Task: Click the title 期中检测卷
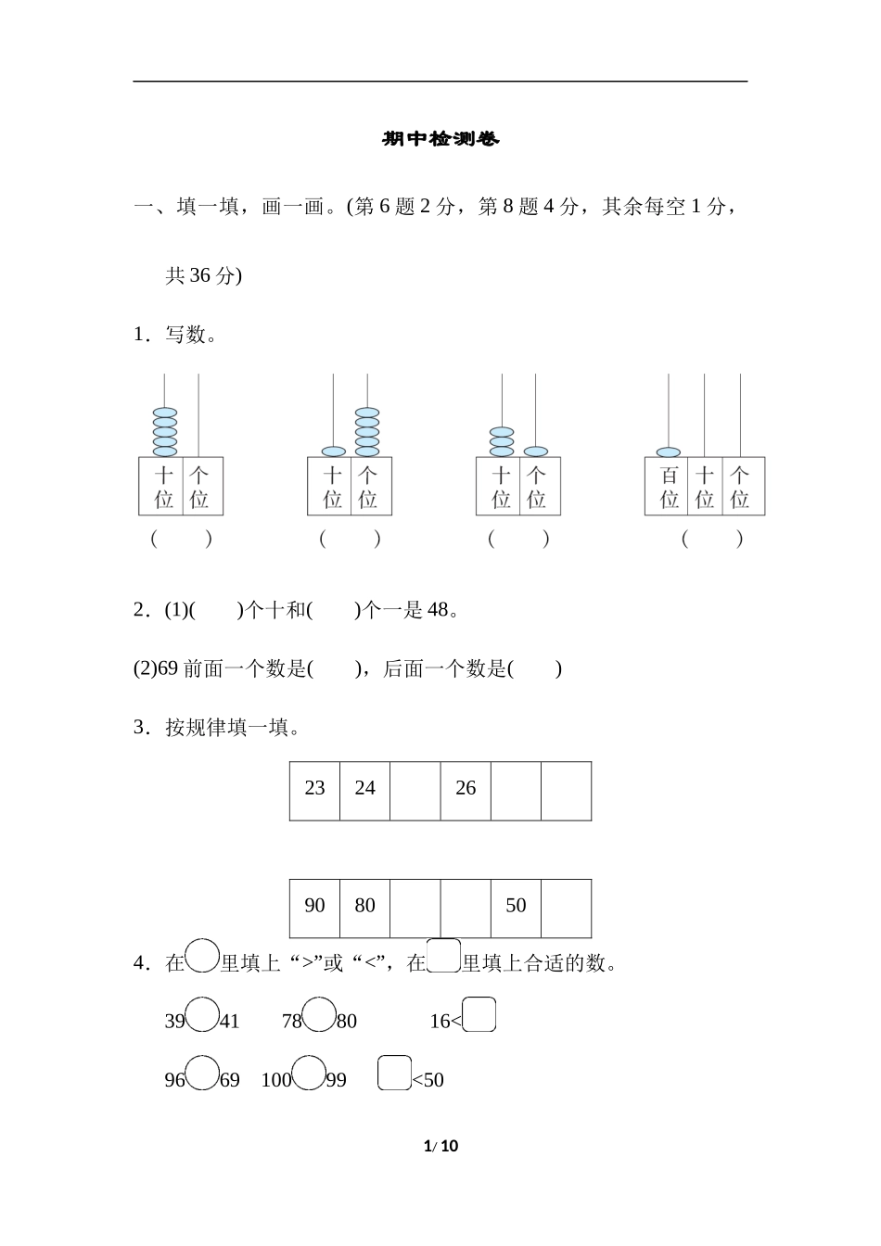tap(440, 139)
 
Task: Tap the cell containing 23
tap(314, 789)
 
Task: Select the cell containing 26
tap(466, 789)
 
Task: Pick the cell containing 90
tap(314, 906)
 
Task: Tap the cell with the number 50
tap(516, 906)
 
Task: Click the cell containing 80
tap(364, 906)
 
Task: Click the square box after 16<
tap(479, 1015)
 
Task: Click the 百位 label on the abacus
tap(670, 488)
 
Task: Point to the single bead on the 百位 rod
tap(669, 452)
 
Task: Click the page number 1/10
tap(440, 1146)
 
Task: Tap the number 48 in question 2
tap(438, 610)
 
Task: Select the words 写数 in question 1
tap(185, 335)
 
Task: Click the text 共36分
tap(202, 275)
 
